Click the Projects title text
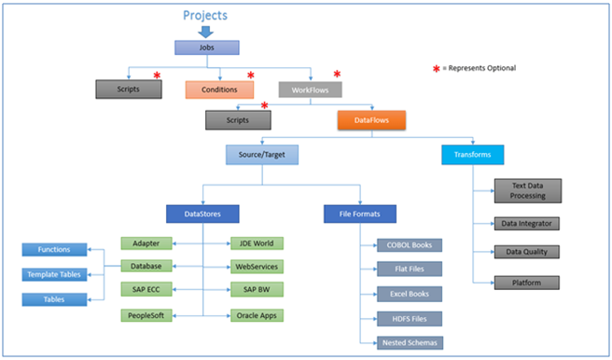204,15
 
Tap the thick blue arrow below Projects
204,33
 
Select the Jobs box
206,48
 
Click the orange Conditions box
219,90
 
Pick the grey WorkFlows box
311,90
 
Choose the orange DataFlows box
371,119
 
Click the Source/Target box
262,155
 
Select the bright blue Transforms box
472,155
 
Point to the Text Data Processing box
528,191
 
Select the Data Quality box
528,252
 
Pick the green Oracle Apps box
257,315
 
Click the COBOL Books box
410,245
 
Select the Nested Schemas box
410,342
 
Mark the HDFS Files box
410,318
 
